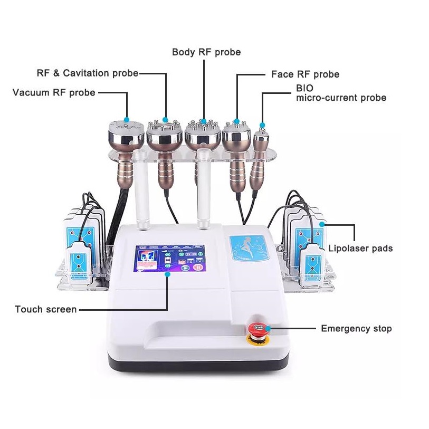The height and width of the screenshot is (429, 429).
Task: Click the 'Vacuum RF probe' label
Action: pyautogui.click(x=54, y=93)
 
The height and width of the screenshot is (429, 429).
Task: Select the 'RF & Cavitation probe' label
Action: pyautogui.click(x=88, y=73)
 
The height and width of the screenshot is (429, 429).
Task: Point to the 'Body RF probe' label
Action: pyautogui.click(x=206, y=52)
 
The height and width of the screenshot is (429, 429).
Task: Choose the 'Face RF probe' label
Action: pyautogui.click(x=305, y=74)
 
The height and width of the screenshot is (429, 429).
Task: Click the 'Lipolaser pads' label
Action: pyautogui.click(x=360, y=248)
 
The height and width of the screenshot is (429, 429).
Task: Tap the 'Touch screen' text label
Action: pyautogui.click(x=46, y=309)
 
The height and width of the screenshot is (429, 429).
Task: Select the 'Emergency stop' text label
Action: pyautogui.click(x=356, y=329)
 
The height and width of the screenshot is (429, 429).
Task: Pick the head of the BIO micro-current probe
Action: pyautogui.click(x=261, y=138)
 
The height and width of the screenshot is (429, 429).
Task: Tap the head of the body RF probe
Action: pyautogui.click(x=203, y=132)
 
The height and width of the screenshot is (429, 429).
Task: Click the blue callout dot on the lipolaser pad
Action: pyautogui.click(x=322, y=225)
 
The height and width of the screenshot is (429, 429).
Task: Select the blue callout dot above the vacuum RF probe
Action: pyautogui.click(x=126, y=119)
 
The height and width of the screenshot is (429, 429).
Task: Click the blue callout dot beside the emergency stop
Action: pyautogui.click(x=269, y=329)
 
